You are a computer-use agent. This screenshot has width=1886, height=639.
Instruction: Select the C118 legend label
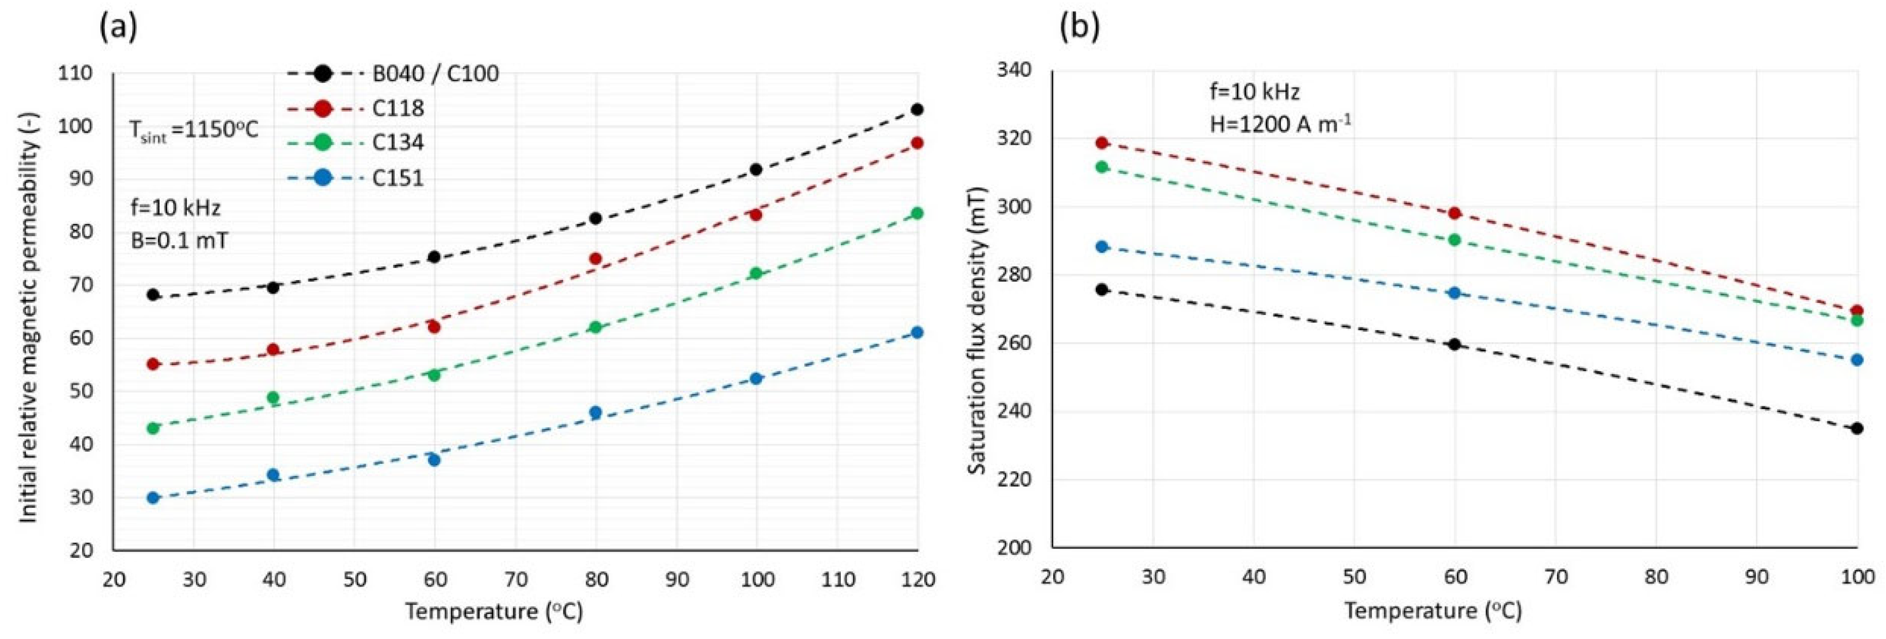[x=398, y=108]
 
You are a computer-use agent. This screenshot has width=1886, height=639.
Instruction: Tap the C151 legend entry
[x=398, y=178]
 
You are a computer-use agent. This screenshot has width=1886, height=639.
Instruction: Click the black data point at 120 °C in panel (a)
[x=917, y=110]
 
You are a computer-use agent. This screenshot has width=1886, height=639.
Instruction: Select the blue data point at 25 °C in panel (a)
[x=153, y=498]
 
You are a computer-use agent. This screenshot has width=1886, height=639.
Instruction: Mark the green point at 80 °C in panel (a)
[x=595, y=327]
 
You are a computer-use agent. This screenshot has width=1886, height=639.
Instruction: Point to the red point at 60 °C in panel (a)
[x=434, y=327]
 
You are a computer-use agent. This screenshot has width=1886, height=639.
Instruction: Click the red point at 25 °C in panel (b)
[x=1102, y=143]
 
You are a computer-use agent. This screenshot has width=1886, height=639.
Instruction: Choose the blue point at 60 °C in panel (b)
[x=1455, y=293]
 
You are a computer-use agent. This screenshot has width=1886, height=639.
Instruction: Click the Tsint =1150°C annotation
[x=194, y=131]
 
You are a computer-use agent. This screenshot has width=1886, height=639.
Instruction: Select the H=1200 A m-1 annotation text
[x=1280, y=124]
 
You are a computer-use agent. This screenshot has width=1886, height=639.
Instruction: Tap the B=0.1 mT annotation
[x=179, y=239]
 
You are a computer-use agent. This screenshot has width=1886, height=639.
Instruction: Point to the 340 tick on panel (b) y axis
[x=1014, y=70]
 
